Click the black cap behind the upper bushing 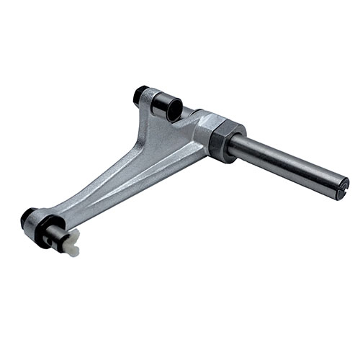tap(141, 94)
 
